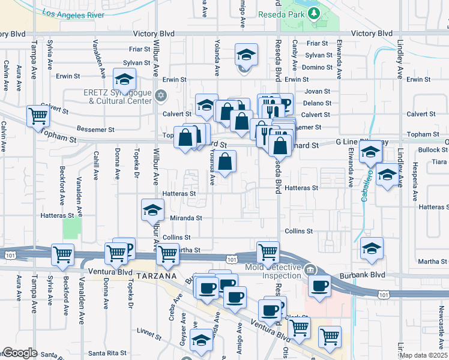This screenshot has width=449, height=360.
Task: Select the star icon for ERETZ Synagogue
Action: coord(160,95)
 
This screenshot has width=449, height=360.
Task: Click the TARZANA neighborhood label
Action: coord(155,276)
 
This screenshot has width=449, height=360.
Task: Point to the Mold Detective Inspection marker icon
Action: coord(310,268)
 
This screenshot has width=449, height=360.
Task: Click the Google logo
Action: coord(20,353)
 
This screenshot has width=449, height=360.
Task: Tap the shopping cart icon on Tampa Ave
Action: coord(38,116)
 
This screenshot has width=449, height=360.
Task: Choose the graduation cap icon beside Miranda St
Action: coord(152,209)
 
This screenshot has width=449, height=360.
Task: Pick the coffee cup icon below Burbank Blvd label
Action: coord(321,286)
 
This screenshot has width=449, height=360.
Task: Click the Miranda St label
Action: coord(185,218)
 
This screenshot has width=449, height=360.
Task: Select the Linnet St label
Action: coord(151,330)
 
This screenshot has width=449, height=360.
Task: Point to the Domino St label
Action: coord(318,67)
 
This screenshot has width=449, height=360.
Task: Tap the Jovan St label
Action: coord(318,92)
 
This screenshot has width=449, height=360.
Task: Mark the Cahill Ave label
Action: coord(95,165)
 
